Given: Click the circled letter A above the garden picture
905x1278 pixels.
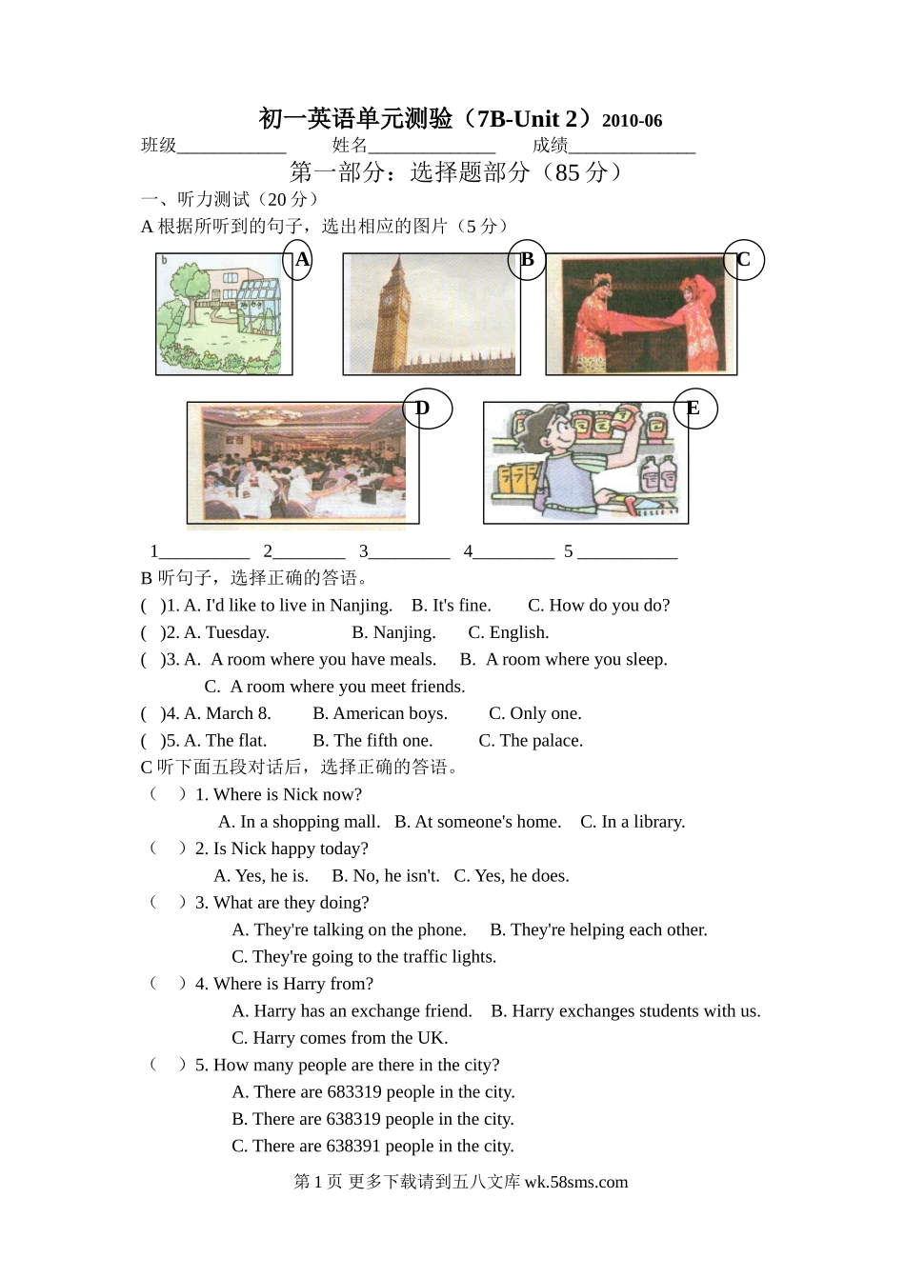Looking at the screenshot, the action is tap(297, 260).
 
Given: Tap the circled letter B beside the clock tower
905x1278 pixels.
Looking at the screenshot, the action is tap(527, 260).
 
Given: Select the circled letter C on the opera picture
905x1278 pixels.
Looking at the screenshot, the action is tap(743, 260).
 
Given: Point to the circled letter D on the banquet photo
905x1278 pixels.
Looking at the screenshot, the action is tap(428, 409).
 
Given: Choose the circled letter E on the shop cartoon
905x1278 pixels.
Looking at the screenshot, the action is tap(695, 409).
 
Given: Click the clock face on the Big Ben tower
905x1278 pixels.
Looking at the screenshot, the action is tap(389, 301).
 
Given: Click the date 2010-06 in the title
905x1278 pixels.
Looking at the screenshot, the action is tap(633, 121).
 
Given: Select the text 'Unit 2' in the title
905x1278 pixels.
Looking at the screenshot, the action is tap(545, 119).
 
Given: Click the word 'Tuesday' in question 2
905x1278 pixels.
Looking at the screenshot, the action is tap(237, 632).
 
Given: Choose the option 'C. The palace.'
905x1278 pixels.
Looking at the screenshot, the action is tap(531, 740).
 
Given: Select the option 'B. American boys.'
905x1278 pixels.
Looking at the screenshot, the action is tap(380, 713).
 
